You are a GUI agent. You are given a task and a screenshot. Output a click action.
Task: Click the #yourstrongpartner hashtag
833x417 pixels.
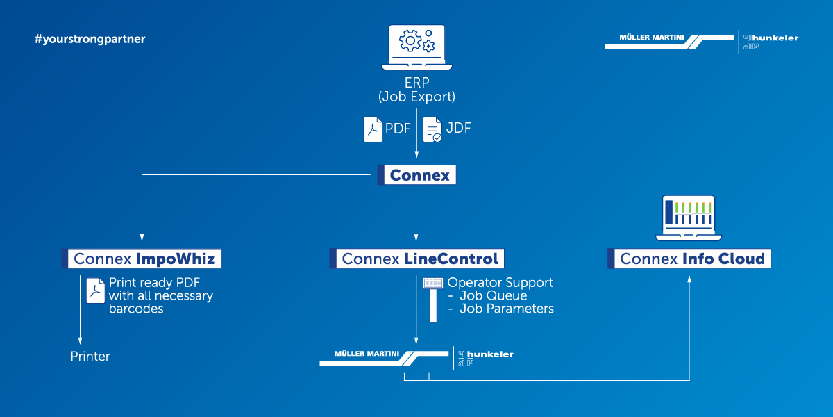90,39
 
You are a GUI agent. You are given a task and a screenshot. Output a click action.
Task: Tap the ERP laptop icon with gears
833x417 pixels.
416,47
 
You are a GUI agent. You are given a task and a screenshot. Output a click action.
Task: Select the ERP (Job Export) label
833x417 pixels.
416,90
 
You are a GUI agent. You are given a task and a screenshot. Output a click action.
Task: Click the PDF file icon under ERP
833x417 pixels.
373,129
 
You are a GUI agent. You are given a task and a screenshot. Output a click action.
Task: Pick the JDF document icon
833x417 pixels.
432,129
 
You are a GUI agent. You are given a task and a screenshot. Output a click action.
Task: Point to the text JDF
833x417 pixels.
458,129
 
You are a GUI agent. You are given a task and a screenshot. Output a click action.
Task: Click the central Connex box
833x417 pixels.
416,175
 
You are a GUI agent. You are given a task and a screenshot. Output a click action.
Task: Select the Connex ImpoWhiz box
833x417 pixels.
142,259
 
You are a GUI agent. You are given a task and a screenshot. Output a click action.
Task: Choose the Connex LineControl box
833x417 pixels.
416,259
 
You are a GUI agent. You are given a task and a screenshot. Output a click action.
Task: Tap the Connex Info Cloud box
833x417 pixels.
689,259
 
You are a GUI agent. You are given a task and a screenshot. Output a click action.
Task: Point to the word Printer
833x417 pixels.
90,357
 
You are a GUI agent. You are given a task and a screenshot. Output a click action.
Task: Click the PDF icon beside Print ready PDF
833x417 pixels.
95,291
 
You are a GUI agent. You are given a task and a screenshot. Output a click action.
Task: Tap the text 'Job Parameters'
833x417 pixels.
507,309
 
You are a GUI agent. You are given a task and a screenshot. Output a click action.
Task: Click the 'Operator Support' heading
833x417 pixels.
500,283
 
